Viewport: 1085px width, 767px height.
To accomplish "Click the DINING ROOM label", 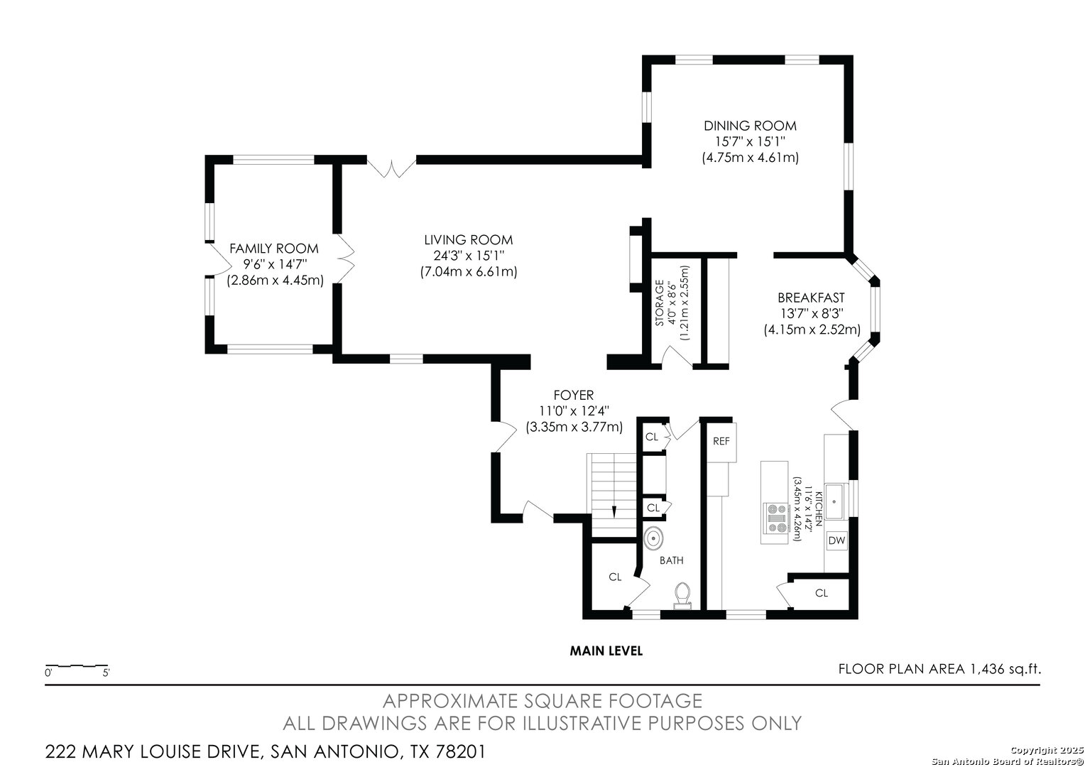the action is pos(750,126).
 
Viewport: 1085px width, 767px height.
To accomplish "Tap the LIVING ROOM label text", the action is pos(469,240).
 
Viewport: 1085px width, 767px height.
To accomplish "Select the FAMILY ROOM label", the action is pos(273,249).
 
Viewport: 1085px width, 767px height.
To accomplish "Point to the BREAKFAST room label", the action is pos(811,298).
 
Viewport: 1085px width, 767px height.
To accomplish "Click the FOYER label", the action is pos(574,396).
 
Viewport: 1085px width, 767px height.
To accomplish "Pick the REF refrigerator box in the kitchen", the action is pos(721,442).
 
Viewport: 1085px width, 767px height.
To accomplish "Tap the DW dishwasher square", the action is pos(836,540).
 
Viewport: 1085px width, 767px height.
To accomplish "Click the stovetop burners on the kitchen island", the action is pos(777,518).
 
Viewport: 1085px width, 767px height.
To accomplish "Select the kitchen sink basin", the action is pos(834,501).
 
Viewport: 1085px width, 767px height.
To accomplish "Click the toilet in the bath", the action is pos(682,594).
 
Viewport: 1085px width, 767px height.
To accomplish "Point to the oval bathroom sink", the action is pos(654,538).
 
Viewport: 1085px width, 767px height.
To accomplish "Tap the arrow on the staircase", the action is pos(614,511).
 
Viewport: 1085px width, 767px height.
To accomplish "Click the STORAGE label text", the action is pos(659,303).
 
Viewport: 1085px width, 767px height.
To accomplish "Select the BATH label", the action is pos(671,560).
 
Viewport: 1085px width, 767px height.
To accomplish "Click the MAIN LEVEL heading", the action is pos(606,651).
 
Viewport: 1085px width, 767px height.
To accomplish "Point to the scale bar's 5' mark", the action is pos(106,673).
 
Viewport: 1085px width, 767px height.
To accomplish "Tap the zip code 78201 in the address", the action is pos(460,751).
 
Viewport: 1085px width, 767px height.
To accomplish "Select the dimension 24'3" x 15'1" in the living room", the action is pos(469,256).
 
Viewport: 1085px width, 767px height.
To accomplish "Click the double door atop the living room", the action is pos(391,167).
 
